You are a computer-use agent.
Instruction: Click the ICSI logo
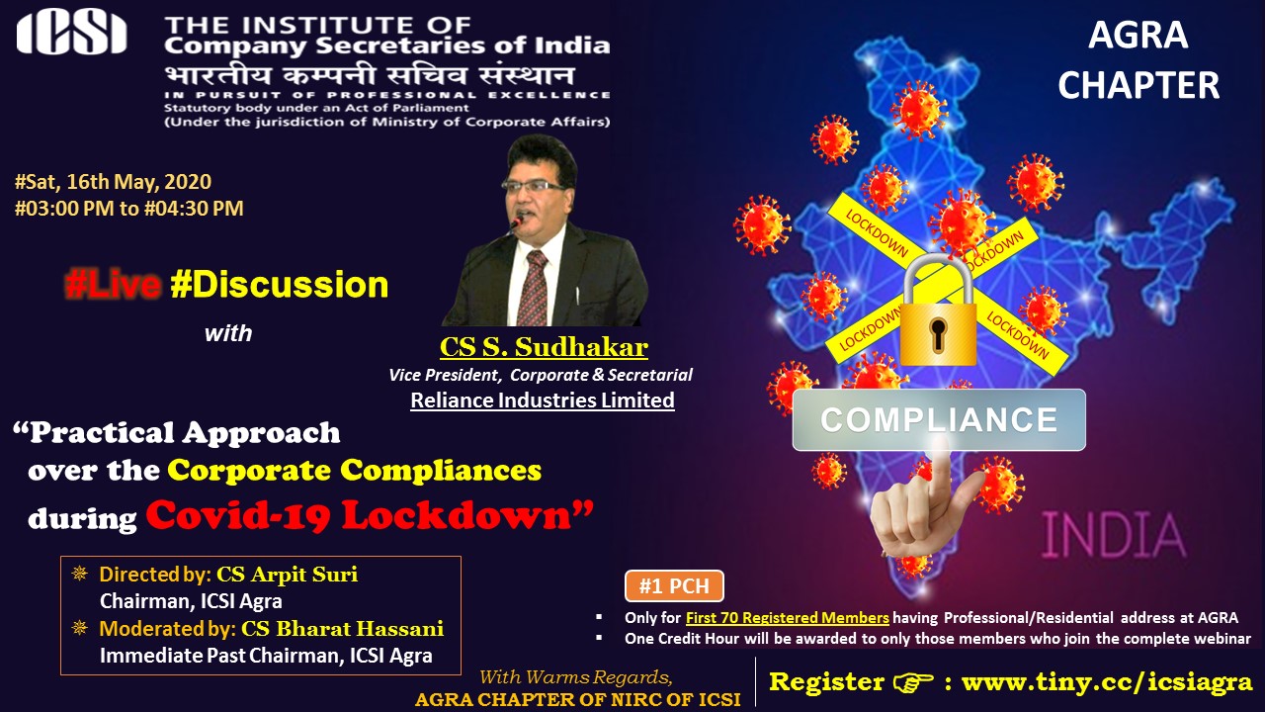[72, 34]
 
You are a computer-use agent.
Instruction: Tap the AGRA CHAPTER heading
[1138, 60]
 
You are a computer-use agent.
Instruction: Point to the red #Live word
[113, 284]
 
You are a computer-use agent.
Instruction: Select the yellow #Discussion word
[279, 284]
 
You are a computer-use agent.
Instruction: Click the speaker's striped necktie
[533, 288]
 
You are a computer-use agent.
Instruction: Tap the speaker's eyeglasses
[532, 185]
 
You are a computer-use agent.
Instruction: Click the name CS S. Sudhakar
[544, 347]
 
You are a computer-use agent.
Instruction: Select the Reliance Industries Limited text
[543, 400]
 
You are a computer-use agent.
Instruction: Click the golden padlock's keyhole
[938, 333]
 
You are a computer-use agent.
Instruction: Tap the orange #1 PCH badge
[674, 586]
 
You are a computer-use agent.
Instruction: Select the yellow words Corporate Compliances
[354, 470]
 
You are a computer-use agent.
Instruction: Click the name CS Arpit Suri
[288, 575]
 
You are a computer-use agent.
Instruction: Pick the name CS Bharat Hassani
[342, 629]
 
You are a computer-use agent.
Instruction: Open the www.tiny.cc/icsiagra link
[1107, 682]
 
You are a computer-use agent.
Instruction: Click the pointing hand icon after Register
[913, 682]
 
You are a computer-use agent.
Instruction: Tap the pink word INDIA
[1114, 536]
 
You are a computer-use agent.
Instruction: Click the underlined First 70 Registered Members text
[788, 618]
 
